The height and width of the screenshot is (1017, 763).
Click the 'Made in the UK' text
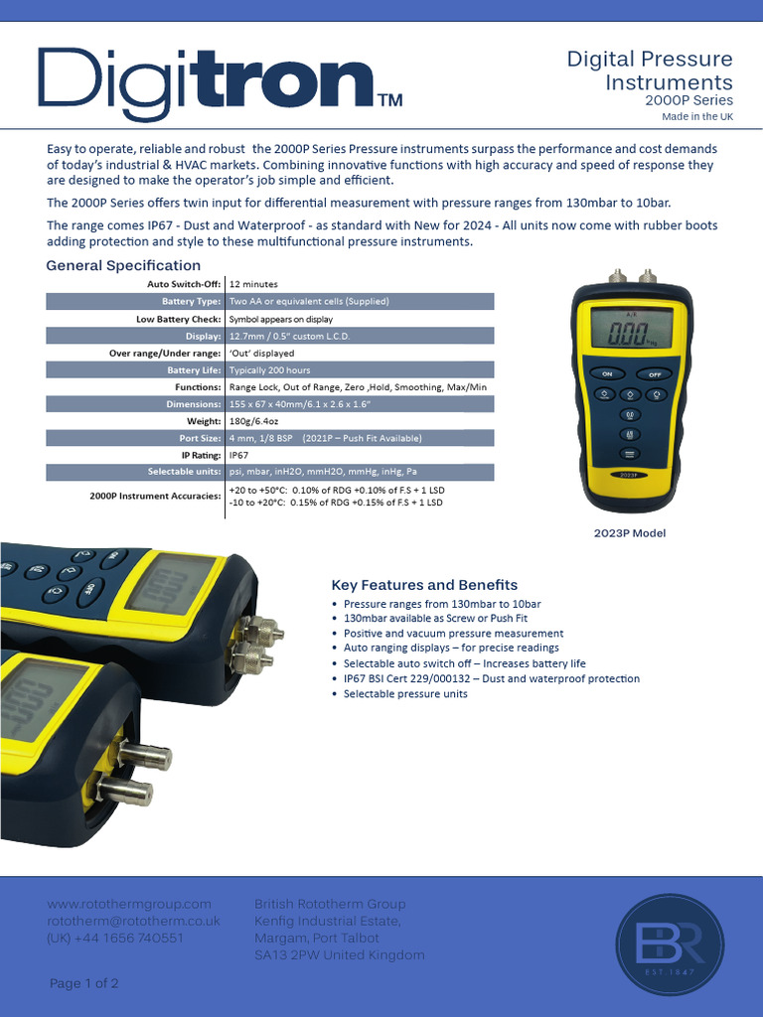click(697, 117)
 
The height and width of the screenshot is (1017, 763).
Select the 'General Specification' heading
click(123, 265)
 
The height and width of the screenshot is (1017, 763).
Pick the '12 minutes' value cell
click(253, 284)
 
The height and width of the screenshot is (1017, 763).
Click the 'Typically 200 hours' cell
click(269, 369)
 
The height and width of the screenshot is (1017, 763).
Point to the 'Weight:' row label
click(203, 421)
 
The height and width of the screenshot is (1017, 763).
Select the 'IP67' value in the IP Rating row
click(240, 455)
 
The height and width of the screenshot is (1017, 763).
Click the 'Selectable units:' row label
click(184, 472)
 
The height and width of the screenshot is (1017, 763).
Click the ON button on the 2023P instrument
click(606, 374)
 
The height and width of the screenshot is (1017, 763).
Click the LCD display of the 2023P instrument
click(631, 327)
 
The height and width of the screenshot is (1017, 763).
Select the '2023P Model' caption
click(630, 533)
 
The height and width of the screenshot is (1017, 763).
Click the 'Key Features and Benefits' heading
click(424, 585)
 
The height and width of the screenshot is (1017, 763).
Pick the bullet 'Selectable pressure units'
click(405, 693)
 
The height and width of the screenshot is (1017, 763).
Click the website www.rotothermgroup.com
click(130, 904)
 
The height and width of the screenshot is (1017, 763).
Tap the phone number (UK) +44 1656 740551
click(115, 938)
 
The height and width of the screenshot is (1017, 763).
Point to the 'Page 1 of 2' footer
click(84, 983)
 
